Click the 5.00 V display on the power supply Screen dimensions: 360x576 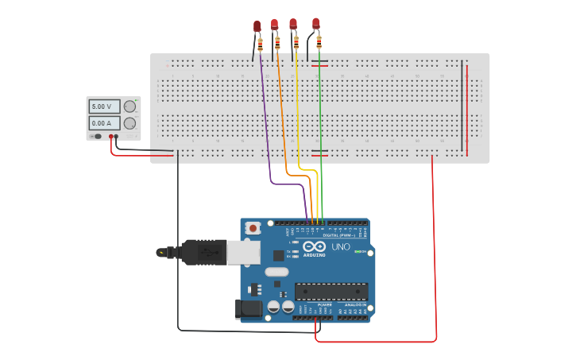click(x=104, y=106)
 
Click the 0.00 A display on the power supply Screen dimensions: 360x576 click(x=104, y=123)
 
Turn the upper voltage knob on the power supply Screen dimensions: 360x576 click(x=130, y=106)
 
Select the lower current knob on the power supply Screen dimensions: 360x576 click(x=130, y=123)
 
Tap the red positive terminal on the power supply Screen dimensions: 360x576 click(x=110, y=137)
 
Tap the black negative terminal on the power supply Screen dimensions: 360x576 click(x=117, y=137)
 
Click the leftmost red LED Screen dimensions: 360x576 click(x=257, y=26)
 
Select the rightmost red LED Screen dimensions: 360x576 click(x=316, y=23)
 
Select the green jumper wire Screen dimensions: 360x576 click(x=320, y=119)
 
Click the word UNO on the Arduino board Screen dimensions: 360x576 click(x=340, y=247)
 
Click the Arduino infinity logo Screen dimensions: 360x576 click(x=315, y=248)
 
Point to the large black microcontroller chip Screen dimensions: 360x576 click(x=331, y=292)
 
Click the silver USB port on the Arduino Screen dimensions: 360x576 click(x=243, y=252)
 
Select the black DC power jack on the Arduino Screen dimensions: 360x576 click(x=249, y=308)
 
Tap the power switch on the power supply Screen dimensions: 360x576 click(x=98, y=137)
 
